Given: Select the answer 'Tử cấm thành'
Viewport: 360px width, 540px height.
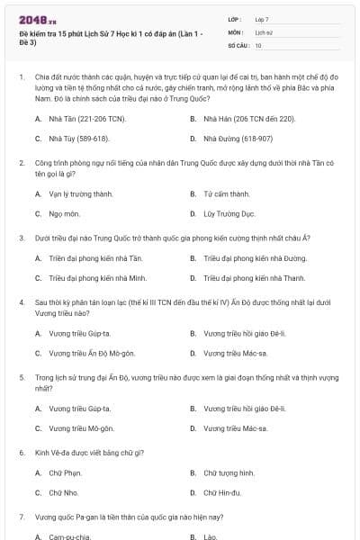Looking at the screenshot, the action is tap(226, 193).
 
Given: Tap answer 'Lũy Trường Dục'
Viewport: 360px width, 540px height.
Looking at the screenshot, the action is tap(229, 214).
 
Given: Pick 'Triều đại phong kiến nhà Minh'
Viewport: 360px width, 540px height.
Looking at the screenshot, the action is tap(97, 278).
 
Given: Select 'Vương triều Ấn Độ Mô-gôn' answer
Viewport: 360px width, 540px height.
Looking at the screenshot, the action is tap(91, 354).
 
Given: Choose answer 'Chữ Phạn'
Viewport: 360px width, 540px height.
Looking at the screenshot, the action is tap(65, 472).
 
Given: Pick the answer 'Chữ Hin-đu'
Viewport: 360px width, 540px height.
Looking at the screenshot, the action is tap(224, 492).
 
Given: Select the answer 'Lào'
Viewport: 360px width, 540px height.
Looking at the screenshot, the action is tap(211, 536).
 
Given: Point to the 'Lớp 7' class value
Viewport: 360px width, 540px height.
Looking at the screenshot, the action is tap(262, 19).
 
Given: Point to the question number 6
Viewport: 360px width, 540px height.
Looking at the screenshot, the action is tap(21, 452).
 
